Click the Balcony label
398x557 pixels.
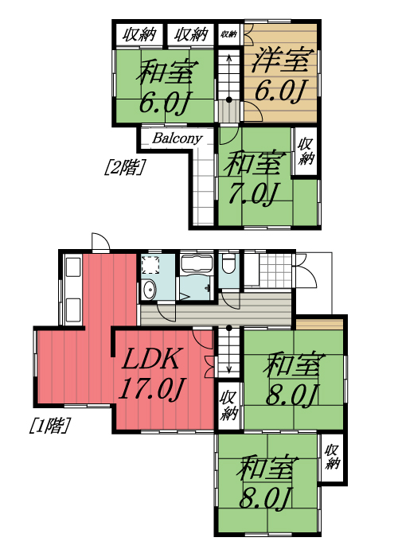pos(177,138)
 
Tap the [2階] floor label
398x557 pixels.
pos(123,167)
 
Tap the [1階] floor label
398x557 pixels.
pos(49,426)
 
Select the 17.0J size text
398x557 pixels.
pos(152,389)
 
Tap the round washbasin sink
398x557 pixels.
pos(149,290)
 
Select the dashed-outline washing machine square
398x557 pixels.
pos(150,265)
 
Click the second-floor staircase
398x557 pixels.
pos(228,84)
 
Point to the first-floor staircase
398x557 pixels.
pos(228,350)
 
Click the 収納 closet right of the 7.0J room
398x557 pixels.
pos(305,150)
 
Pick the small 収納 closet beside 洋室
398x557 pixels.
pos(228,33)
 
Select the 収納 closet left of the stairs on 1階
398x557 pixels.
pos(228,404)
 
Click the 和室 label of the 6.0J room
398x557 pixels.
pos(166,74)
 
